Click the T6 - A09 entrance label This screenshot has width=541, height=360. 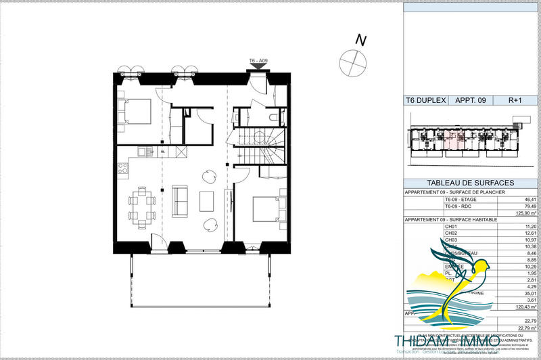tap(260, 61)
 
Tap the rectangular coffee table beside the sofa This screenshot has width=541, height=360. tap(206, 201)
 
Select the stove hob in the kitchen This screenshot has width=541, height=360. tap(122, 170)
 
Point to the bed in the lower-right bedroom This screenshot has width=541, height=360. tap(266, 208)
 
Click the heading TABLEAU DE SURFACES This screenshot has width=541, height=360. tap(471, 183)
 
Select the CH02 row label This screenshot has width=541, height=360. tap(452, 234)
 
